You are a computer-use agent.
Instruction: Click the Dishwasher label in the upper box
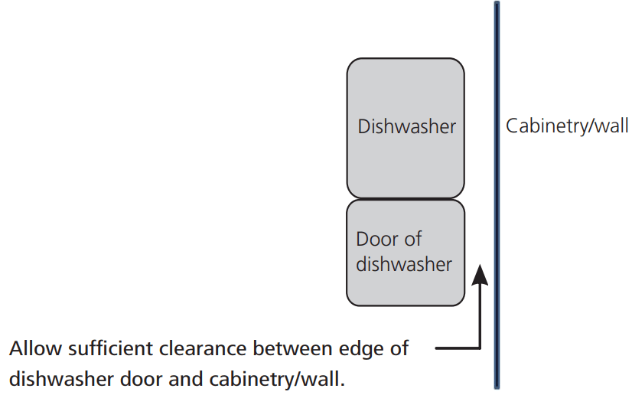tap(406, 126)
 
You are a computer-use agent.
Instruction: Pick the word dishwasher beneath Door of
tap(404, 264)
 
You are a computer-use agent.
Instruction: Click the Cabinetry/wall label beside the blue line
tap(567, 126)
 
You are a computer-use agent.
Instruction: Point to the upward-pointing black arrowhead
tap(479, 273)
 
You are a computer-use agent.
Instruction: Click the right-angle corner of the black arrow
tap(479, 348)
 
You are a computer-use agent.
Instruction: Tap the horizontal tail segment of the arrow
tap(457, 348)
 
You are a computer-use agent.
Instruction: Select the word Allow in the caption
tap(33, 349)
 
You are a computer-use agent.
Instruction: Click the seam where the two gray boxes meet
tap(406, 199)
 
